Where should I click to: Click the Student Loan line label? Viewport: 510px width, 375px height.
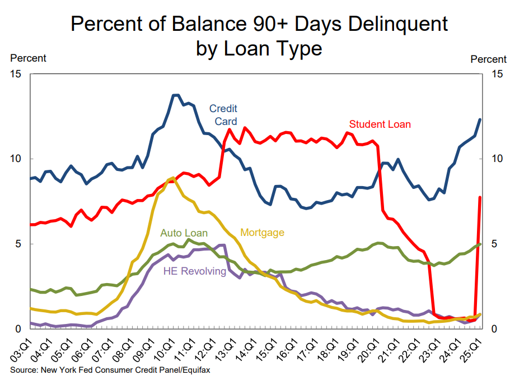[380, 124]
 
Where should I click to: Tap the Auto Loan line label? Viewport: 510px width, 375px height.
[184, 233]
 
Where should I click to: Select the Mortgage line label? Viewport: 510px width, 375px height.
[262, 233]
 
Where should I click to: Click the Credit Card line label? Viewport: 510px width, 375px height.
[223, 114]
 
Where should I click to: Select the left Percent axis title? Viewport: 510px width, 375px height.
[28, 58]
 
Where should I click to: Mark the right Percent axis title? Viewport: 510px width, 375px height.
[488, 59]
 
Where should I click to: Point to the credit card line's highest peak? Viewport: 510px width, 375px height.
[175, 95]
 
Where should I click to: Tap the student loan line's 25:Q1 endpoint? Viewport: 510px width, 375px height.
[480, 197]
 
